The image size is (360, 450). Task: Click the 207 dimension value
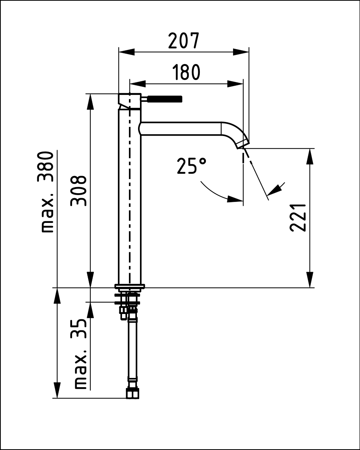[183, 41]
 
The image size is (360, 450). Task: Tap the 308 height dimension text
[79, 191]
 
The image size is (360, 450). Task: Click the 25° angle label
[191, 166]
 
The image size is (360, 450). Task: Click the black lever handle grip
[165, 99]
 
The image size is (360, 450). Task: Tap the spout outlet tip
[243, 144]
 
